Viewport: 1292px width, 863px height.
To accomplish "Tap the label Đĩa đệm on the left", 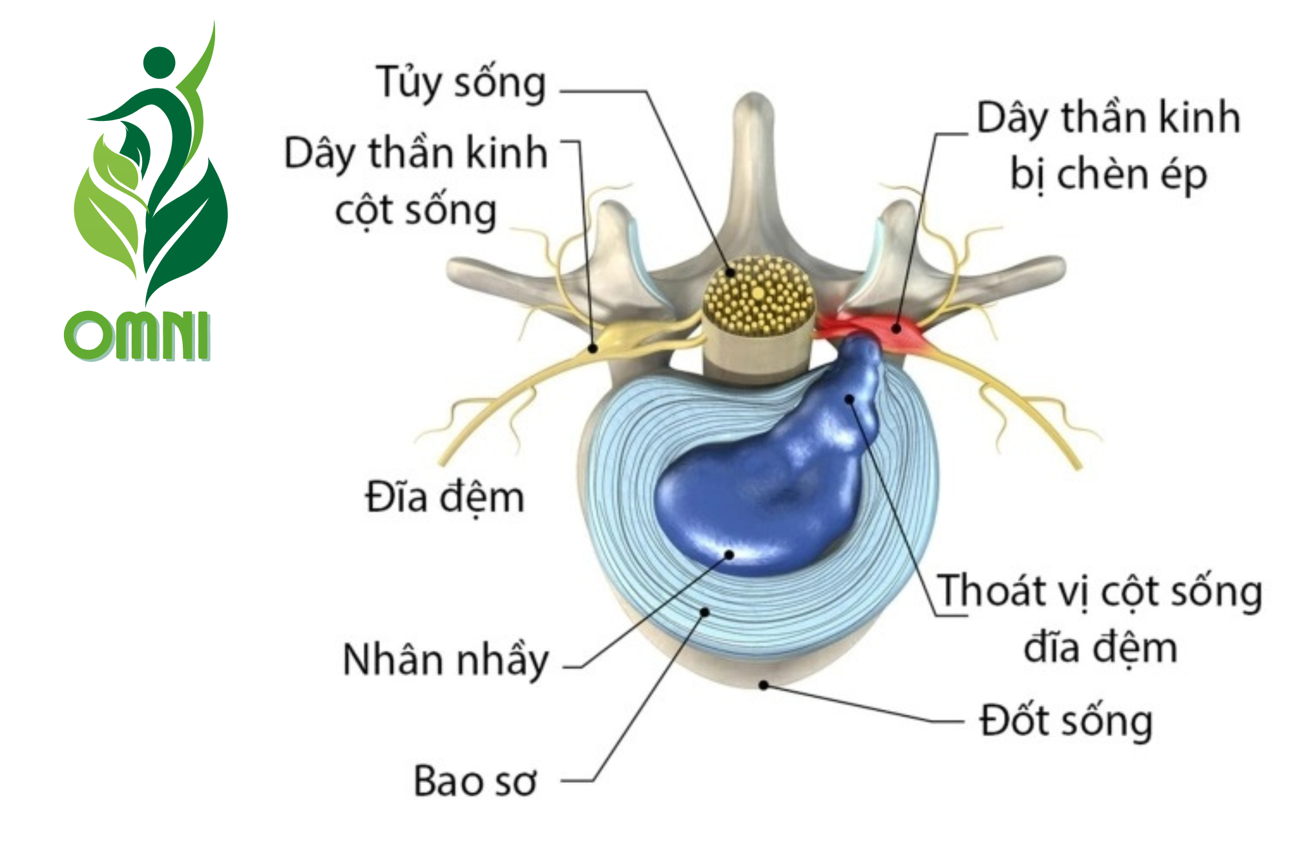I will point(444,498).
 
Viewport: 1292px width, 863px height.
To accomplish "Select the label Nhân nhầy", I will point(446,660).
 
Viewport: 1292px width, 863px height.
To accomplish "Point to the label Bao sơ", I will point(475,781).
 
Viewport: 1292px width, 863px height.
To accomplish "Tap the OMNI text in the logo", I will point(138,336).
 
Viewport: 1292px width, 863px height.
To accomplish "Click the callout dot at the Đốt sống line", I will point(764,685).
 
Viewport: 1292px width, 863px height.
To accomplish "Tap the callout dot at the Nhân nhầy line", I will point(729,555).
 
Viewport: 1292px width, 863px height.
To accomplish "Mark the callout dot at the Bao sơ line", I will point(705,612).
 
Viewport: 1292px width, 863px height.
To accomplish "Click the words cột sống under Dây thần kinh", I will point(415,211).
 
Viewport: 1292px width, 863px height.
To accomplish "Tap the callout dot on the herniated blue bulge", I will point(850,399).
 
